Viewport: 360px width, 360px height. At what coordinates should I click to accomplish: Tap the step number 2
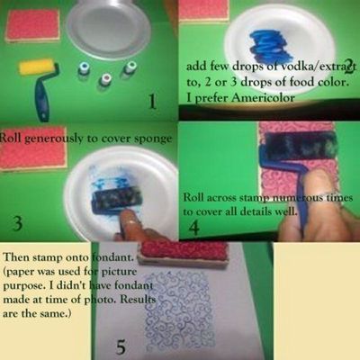[346, 64]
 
